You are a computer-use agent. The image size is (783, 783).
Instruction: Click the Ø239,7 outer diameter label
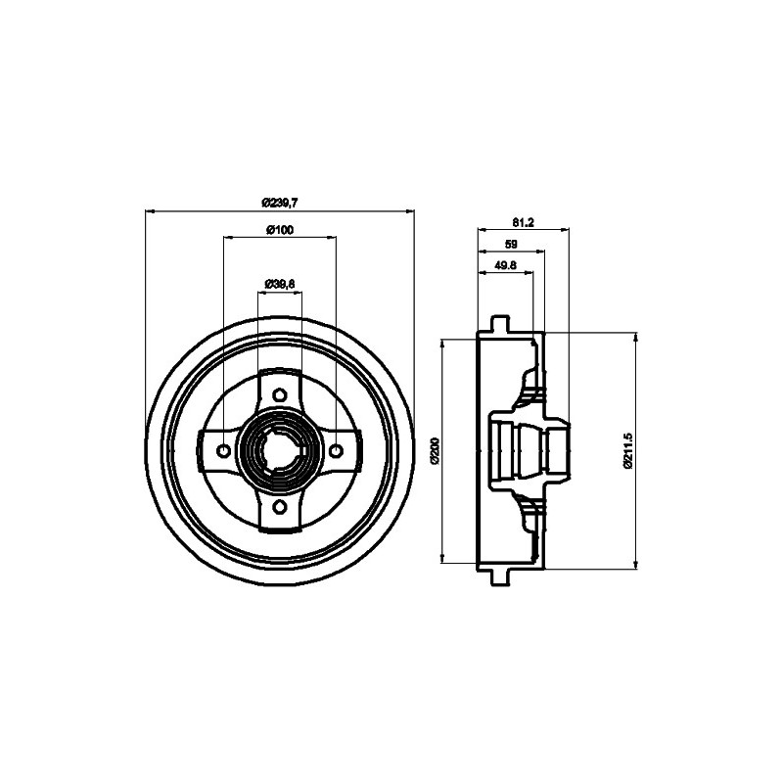click(280, 202)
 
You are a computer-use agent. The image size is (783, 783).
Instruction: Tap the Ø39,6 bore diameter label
click(280, 284)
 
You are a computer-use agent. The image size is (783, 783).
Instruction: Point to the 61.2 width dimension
click(522, 221)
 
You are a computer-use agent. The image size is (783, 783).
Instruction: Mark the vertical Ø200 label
click(436, 451)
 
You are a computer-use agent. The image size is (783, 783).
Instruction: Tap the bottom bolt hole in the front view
click(280, 506)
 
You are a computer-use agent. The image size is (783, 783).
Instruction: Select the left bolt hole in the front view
click(224, 450)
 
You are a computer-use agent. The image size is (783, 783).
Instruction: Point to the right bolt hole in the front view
click(336, 450)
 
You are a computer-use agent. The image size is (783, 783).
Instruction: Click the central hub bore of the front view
click(280, 450)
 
